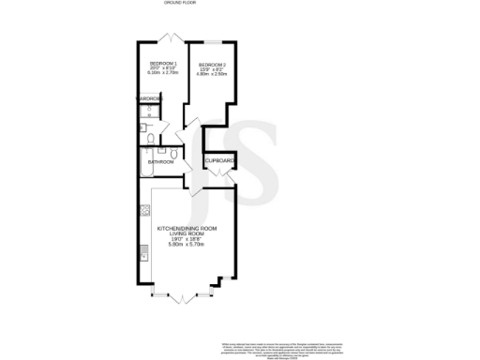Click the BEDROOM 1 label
pyautogui.click(x=162, y=63)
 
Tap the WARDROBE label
pyautogui.click(x=150, y=98)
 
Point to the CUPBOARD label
pyautogui.click(x=219, y=162)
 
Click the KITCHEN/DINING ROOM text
pyautogui.click(x=187, y=229)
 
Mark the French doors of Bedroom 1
pyautogui.click(x=169, y=38)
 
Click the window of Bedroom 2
pyautogui.click(x=213, y=41)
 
